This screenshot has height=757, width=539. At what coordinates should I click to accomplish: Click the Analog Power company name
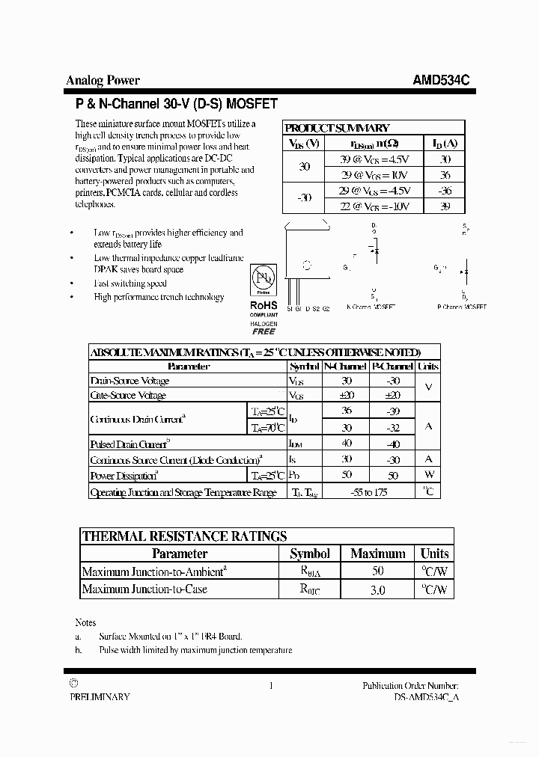pos(103,81)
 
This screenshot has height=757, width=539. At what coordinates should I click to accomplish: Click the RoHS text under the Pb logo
pos(264,305)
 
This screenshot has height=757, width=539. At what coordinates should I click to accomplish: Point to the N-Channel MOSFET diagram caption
pos(371,307)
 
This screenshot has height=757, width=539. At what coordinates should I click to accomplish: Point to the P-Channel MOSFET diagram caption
pos(461,307)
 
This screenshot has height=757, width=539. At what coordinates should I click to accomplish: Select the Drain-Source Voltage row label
pos(130,381)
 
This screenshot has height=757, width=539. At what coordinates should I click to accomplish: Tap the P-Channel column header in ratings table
pos(393,367)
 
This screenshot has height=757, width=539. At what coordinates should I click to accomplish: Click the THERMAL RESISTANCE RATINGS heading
pos(184,536)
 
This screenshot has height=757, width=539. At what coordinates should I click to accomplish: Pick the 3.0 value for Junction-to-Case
pos(378,589)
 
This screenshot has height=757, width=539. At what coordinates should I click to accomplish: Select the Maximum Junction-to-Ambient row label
pos(154,571)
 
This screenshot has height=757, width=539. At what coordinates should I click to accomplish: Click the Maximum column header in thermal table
pos(378,554)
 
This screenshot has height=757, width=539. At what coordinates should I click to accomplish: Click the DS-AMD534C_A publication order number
pos(426,696)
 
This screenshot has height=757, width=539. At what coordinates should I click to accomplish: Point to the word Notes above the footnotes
pos(85,622)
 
